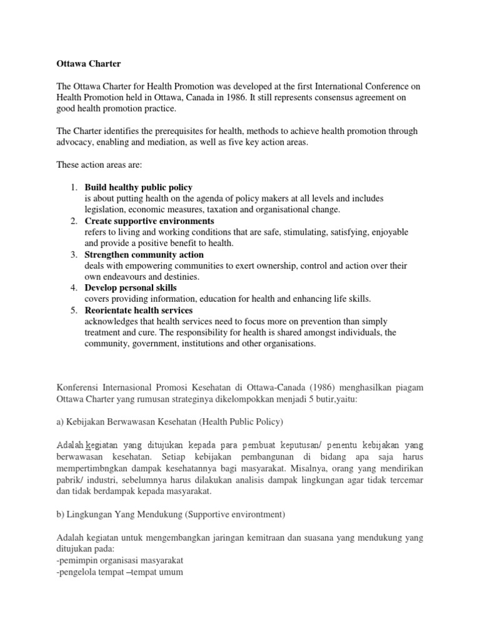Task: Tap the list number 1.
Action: (x=72, y=188)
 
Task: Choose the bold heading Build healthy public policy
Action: (x=139, y=188)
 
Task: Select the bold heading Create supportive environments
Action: (x=149, y=221)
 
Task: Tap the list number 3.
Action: (x=72, y=255)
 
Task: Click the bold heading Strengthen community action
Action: (x=144, y=255)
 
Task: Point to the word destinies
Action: (x=181, y=277)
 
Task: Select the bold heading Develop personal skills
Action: (x=131, y=288)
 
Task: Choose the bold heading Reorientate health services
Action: (x=139, y=310)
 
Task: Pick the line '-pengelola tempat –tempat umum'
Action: (x=119, y=571)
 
